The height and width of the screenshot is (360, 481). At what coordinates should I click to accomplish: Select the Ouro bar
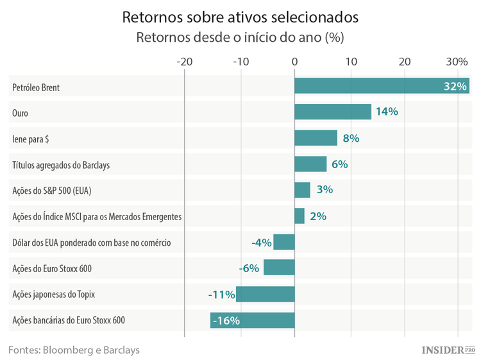332,112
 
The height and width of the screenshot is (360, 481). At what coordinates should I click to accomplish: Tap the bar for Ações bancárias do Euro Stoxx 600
252,320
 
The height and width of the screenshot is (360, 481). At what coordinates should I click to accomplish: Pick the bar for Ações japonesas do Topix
265,295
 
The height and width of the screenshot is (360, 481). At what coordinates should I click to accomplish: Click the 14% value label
387,112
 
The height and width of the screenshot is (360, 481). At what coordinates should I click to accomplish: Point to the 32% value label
455,86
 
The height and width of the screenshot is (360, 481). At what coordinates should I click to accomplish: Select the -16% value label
226,320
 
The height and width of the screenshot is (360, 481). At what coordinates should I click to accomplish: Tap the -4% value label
261,243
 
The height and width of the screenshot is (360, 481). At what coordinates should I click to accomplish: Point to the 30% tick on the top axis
457,62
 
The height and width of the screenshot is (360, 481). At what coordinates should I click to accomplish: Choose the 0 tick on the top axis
294,62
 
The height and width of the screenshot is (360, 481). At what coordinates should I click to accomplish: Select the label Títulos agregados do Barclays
61,165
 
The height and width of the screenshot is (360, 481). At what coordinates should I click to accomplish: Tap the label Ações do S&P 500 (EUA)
56,191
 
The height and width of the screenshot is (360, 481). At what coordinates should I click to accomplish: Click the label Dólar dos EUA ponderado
91,243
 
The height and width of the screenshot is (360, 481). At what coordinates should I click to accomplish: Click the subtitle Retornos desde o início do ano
240,37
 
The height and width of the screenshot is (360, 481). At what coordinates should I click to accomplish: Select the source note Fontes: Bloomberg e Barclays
74,350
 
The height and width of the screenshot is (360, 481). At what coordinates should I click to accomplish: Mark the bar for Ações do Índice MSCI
300,216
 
